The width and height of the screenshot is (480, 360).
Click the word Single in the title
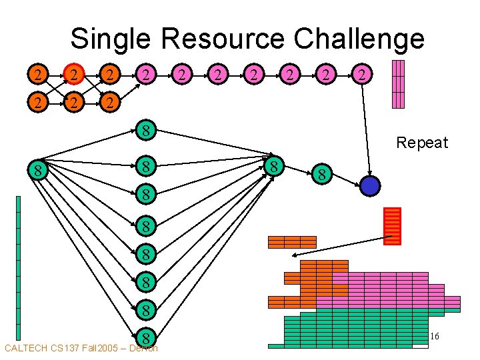click(111, 39)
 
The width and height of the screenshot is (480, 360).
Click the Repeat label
click(422, 143)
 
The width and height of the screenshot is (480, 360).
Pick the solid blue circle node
click(369, 185)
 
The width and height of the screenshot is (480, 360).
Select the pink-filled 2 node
click(145, 75)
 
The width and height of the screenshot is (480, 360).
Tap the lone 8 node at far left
click(39, 171)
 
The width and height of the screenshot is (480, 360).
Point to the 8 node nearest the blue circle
click(321, 175)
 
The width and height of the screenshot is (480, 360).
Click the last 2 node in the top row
click(361, 75)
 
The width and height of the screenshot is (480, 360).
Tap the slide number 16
click(434, 337)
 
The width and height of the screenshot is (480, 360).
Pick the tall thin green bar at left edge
click(18, 267)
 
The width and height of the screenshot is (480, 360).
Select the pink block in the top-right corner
click(398, 84)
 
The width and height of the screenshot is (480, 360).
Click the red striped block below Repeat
click(393, 226)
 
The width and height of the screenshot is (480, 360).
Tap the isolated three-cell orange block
click(292, 242)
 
